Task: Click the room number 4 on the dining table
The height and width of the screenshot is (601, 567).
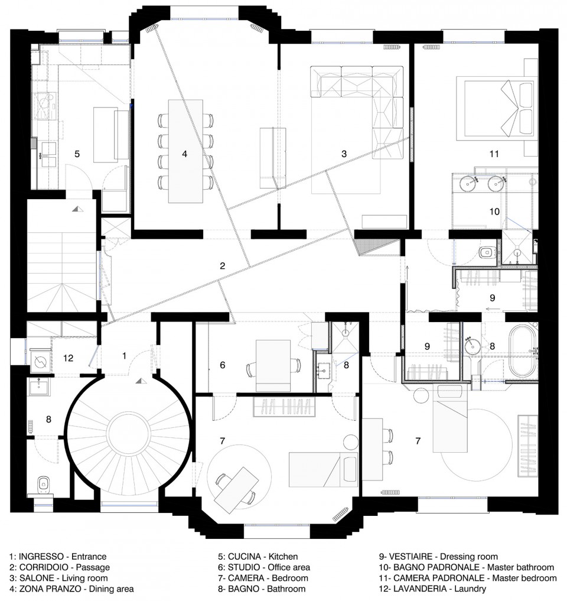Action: pos(185,154)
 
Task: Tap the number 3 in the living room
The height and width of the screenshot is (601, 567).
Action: pos(344,154)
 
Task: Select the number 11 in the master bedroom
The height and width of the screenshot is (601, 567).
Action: pos(494,154)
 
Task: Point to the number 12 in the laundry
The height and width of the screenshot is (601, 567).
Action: pos(68,358)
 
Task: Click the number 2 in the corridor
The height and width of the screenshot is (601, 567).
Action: pos(223,265)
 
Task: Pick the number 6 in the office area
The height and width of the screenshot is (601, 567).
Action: pos(223,365)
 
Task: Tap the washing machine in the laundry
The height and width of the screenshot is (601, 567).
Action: pos(40,361)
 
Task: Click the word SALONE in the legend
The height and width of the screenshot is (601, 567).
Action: pos(37,577)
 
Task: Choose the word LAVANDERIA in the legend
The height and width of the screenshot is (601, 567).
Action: pos(419,589)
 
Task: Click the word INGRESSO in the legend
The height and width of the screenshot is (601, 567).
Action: pos(41,557)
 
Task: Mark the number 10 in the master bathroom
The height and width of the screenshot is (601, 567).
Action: pos(494,211)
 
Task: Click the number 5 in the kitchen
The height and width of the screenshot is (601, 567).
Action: pos(77,154)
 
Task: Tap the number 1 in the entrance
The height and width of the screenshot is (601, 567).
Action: pos(124,356)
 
